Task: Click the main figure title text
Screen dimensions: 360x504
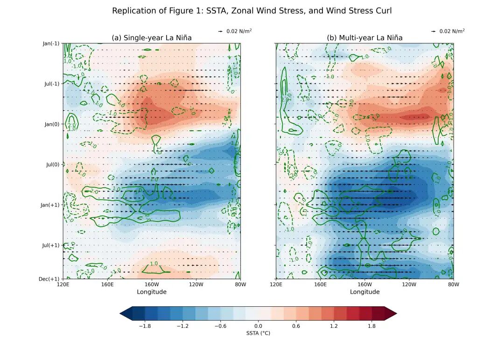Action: [x=252, y=11]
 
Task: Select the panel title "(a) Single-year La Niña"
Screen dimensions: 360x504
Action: [x=152, y=38]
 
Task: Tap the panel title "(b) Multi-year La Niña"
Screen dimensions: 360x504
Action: [x=364, y=38]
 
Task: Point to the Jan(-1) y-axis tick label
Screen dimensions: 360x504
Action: [x=51, y=43]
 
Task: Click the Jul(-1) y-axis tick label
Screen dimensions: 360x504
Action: [x=51, y=84]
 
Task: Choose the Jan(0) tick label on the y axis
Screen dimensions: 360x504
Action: [x=52, y=124]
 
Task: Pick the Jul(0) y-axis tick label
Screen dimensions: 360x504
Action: [x=53, y=164]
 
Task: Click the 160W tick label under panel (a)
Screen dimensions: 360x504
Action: [x=152, y=284]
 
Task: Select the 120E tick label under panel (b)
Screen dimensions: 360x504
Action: [x=276, y=284]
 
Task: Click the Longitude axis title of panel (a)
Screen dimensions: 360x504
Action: [x=152, y=292]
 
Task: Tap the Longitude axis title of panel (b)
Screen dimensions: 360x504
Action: [x=364, y=292]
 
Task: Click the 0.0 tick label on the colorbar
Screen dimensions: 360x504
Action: [x=258, y=326]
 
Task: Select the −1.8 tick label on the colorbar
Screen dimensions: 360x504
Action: [x=145, y=326]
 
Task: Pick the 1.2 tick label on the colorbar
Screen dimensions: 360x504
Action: [x=334, y=326]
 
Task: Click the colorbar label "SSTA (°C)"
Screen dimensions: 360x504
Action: [x=258, y=333]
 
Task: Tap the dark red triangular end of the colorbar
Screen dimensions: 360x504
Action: [x=391, y=314]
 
